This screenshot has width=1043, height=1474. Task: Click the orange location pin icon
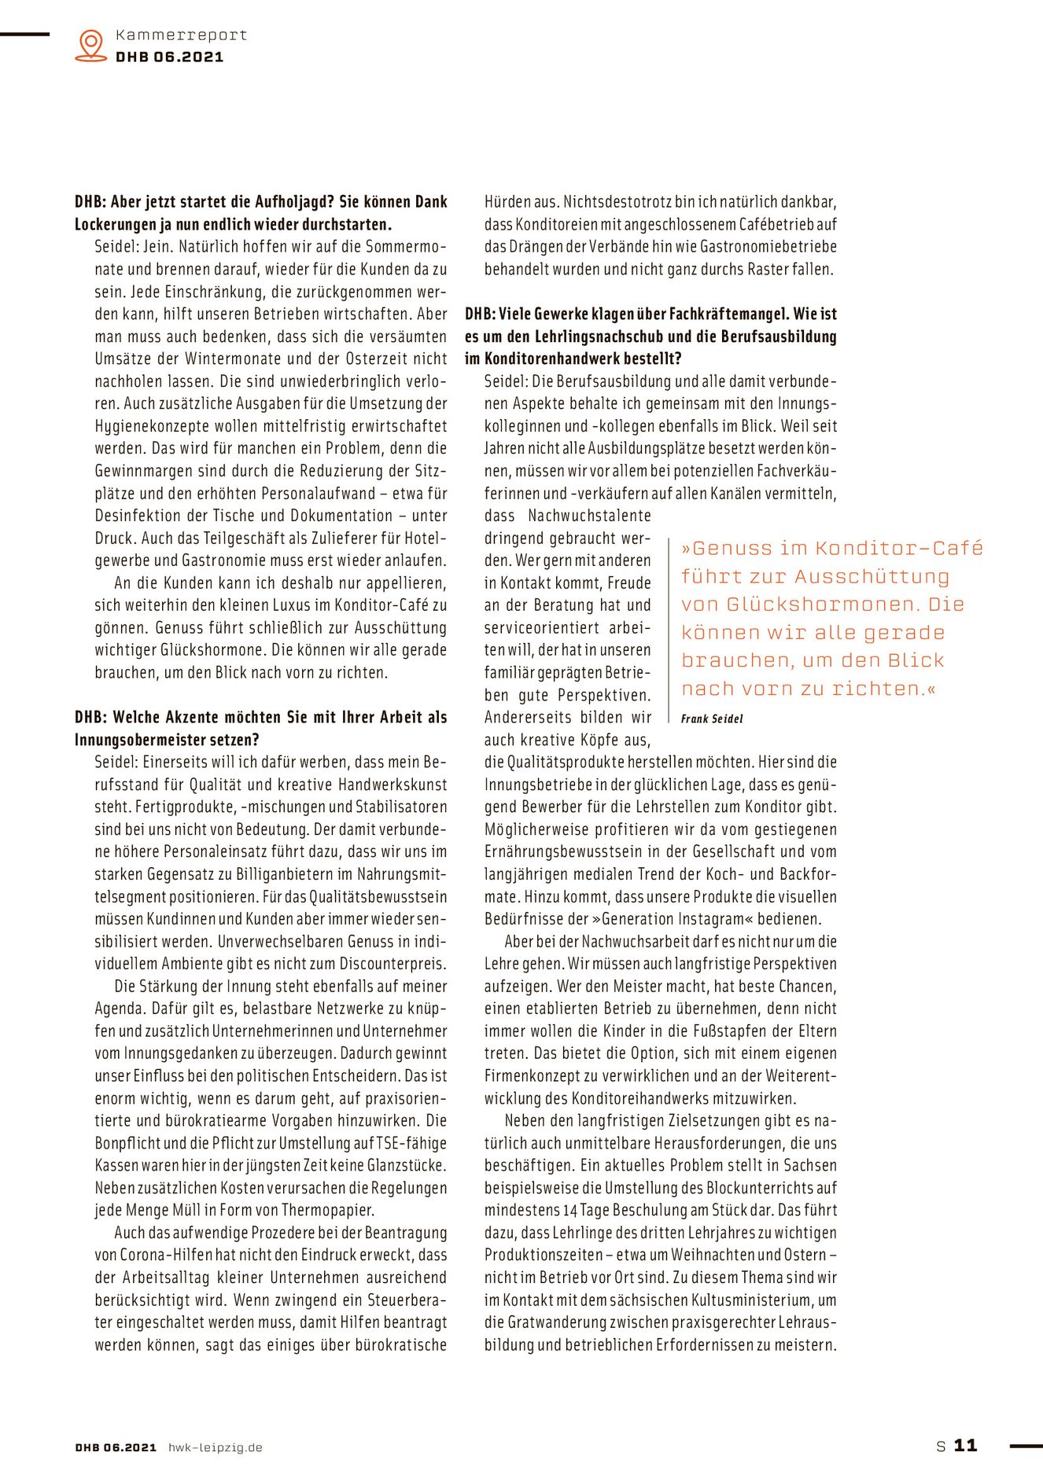pos(91,45)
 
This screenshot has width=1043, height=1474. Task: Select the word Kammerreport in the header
pos(181,35)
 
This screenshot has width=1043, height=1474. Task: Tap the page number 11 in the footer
pos(965,1445)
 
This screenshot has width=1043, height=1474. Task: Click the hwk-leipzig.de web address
pos(216,1447)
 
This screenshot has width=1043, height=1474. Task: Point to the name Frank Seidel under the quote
pos(712,719)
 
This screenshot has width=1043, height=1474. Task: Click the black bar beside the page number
pos(1025,1445)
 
